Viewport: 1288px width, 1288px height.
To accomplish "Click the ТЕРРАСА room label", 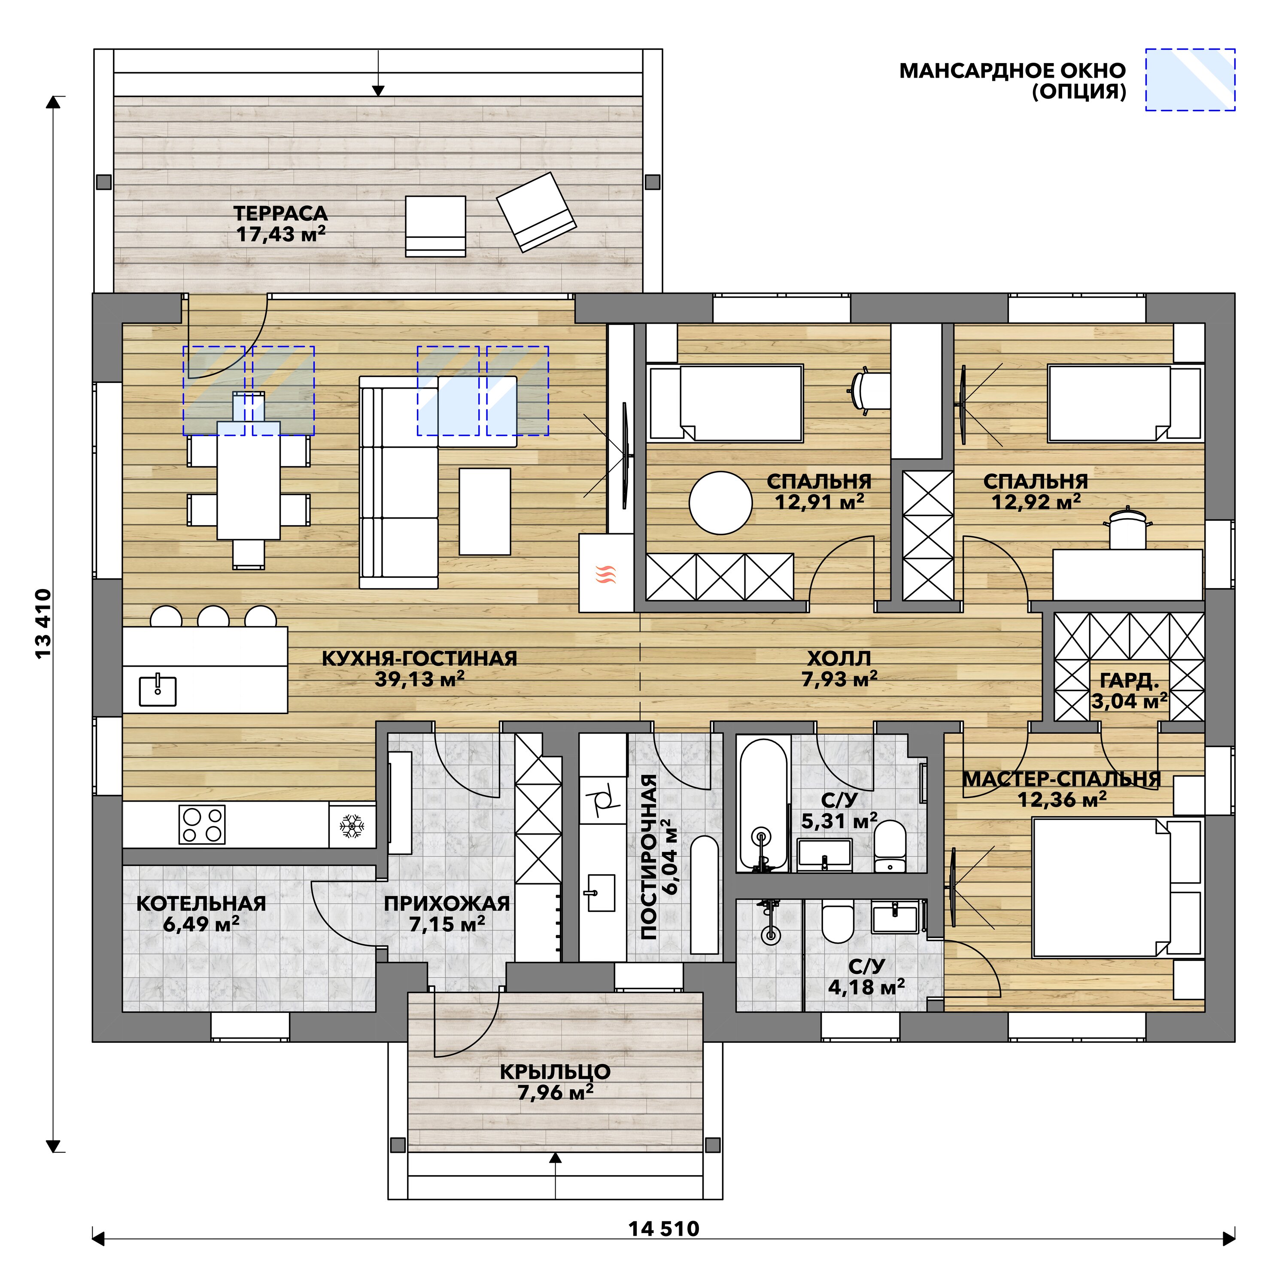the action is [281, 213].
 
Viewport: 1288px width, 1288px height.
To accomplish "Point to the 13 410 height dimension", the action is [43, 624].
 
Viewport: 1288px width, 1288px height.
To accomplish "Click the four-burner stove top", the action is [202, 825].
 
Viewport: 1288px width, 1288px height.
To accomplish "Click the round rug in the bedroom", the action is [721, 503].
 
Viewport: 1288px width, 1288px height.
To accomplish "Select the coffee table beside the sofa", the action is [485, 511].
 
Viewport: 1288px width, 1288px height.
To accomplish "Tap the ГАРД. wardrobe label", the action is [1129, 680].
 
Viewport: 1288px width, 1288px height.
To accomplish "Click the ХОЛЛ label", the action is [839, 658].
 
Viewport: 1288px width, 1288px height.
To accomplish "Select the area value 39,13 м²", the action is [419, 679].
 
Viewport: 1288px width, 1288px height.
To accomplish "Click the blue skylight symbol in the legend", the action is [1190, 79].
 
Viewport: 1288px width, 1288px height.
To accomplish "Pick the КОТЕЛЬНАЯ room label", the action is [201, 903].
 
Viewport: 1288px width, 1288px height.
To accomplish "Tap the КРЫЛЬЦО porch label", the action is [555, 1071].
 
